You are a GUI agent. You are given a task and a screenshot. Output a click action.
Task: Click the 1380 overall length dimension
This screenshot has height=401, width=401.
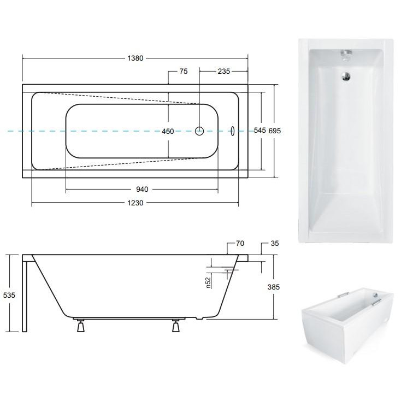point(135,58)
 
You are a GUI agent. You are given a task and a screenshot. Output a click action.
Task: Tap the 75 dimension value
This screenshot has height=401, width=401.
point(184,72)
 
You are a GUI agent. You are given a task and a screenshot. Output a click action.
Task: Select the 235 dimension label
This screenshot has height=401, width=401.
point(224,72)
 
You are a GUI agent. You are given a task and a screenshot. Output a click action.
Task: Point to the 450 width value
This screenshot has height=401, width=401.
point(168,132)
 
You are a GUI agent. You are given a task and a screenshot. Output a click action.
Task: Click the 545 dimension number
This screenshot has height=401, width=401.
point(260,131)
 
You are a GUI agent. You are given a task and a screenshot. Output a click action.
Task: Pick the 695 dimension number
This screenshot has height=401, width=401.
point(275,131)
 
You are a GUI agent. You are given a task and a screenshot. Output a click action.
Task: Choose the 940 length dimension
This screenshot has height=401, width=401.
point(142,189)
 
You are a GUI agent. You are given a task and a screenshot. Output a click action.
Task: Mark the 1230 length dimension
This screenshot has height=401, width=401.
point(135,203)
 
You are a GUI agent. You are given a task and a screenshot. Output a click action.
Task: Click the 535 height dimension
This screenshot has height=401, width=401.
point(9,296)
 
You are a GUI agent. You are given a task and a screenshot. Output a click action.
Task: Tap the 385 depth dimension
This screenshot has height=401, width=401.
point(274,287)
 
